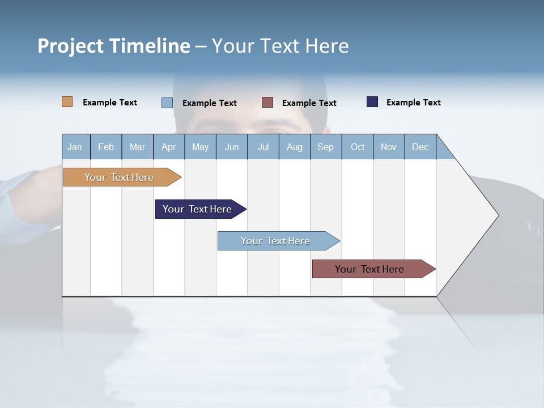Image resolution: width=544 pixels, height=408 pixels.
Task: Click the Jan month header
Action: [x=75, y=147]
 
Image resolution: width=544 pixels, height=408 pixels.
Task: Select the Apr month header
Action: [x=168, y=147]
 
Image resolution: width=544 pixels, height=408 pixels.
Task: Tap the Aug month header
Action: [x=294, y=147]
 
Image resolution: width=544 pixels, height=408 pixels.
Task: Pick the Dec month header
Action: [x=420, y=147]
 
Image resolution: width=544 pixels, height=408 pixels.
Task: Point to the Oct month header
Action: [x=357, y=147]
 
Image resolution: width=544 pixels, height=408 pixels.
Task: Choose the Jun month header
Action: [x=231, y=147]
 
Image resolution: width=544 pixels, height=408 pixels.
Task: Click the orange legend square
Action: [x=67, y=102]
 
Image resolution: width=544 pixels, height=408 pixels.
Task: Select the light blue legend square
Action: [x=167, y=103]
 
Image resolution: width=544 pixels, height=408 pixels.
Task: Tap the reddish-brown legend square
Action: [x=267, y=103]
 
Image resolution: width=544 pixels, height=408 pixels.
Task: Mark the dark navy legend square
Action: [x=372, y=102]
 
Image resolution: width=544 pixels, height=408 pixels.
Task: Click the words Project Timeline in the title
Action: [x=114, y=46]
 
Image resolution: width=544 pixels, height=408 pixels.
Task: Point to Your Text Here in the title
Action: [x=280, y=46]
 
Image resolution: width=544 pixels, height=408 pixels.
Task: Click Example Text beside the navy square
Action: [x=413, y=103]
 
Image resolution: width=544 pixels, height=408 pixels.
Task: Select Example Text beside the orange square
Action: [x=109, y=103]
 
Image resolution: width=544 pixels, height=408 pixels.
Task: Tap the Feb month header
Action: [x=105, y=147]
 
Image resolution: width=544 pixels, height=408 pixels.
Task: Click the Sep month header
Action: [x=325, y=147]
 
